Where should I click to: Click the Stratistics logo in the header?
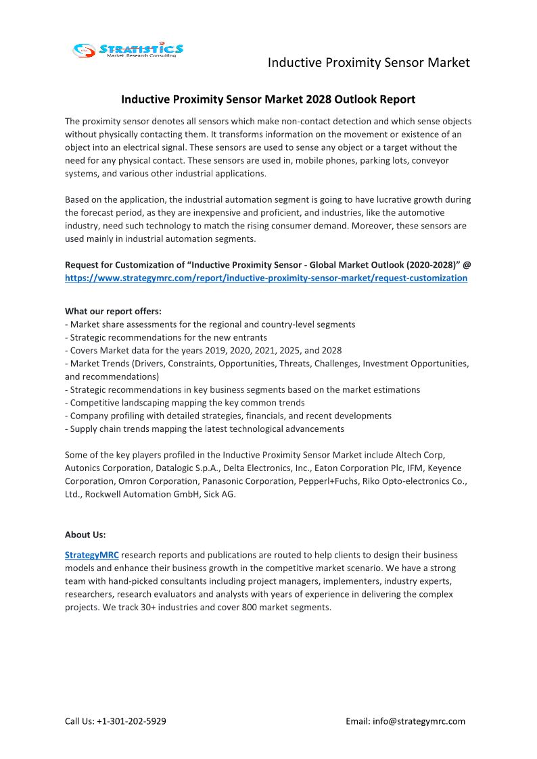(128, 49)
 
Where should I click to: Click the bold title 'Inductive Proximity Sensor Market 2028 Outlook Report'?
(268, 99)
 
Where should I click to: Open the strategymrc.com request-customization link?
(266, 278)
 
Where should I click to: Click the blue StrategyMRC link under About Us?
(92, 555)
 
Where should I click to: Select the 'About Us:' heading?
(85, 535)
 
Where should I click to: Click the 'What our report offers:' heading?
(113, 312)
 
